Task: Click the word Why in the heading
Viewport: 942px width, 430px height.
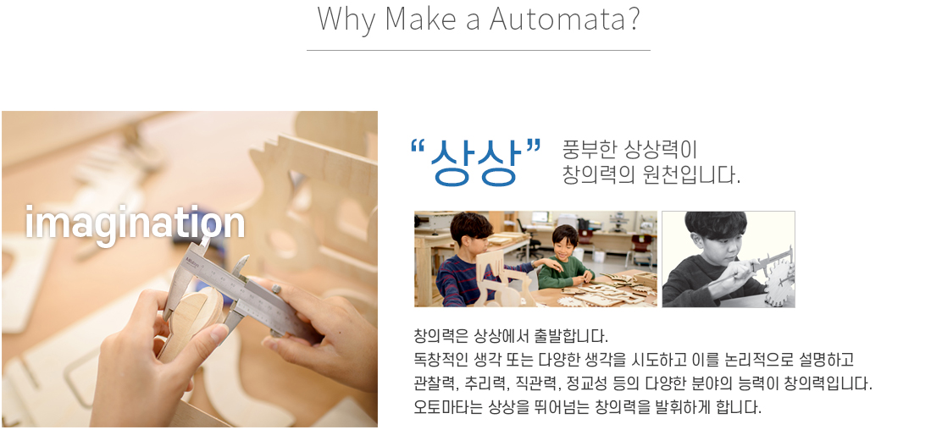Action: click(x=346, y=19)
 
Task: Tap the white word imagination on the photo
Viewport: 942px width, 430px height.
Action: click(x=136, y=223)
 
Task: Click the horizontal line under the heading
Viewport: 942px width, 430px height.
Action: click(x=479, y=51)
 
